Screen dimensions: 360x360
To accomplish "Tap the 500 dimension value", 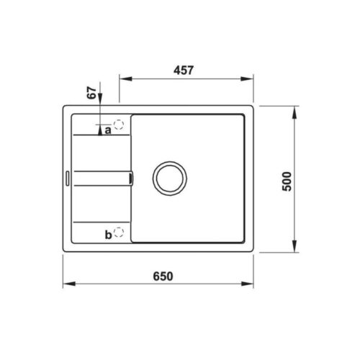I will [x=288, y=181].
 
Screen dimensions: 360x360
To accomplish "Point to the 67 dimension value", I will [x=91, y=93].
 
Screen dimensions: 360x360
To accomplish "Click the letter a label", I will [x=107, y=130].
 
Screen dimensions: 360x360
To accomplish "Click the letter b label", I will [x=107, y=234].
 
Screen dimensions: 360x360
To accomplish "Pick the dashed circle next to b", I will [x=119, y=233].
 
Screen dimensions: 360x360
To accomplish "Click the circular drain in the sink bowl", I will [x=170, y=178].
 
